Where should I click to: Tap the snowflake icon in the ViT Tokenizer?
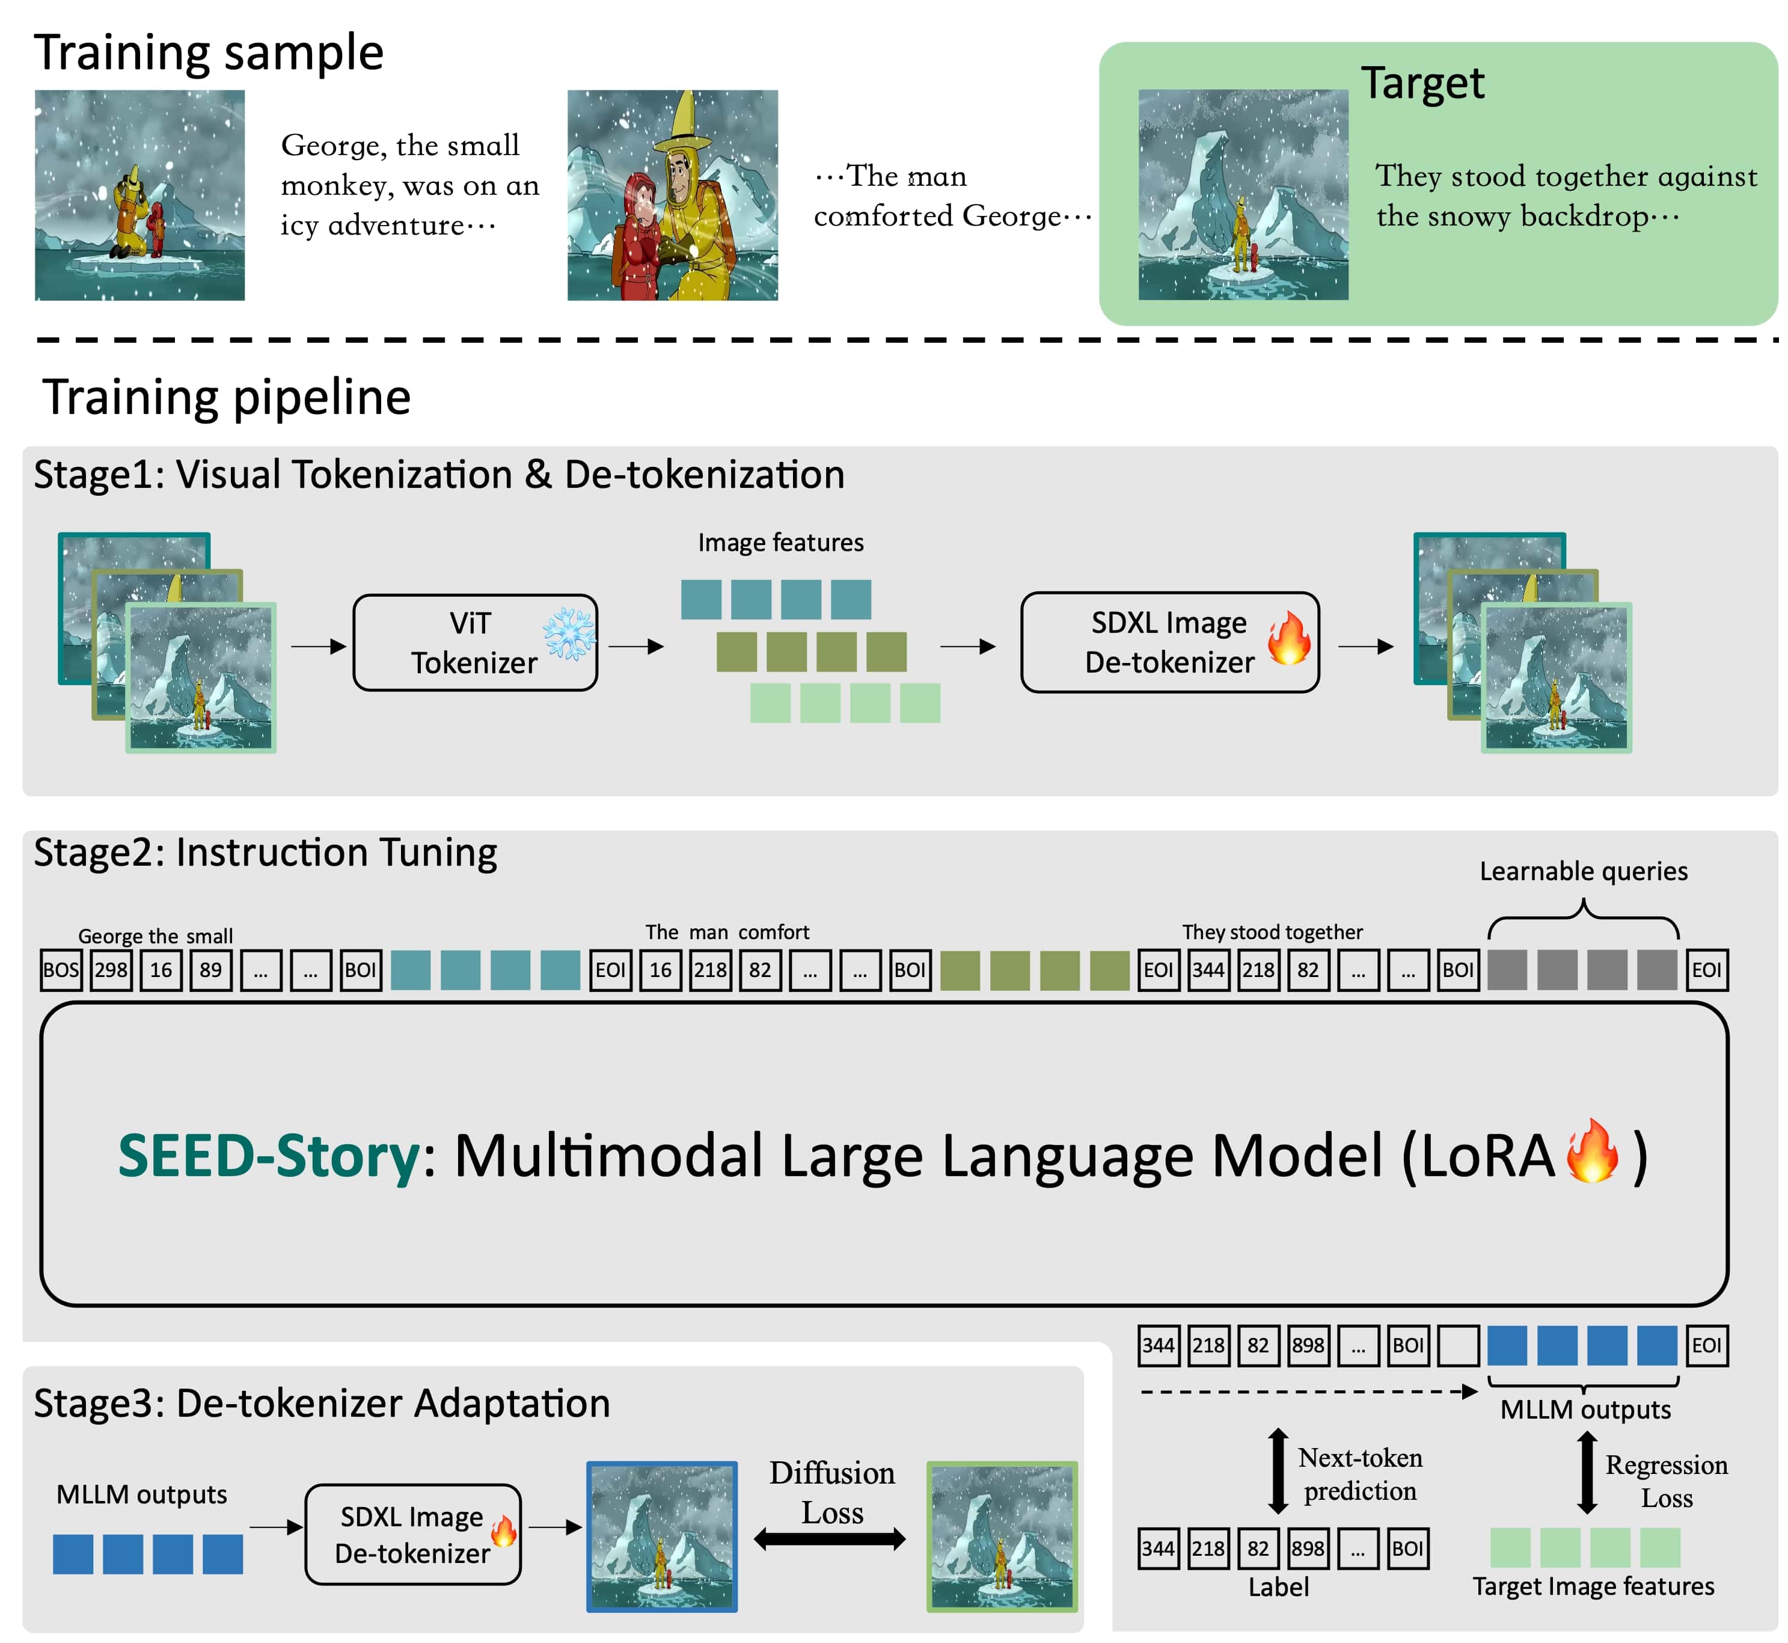(x=569, y=635)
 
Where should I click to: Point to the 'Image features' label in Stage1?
(x=780, y=542)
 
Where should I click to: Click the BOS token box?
(x=61, y=970)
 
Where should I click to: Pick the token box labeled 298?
(x=111, y=970)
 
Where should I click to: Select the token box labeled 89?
(x=210, y=970)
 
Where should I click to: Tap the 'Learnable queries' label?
(x=1583, y=871)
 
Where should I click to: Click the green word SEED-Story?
(x=268, y=1156)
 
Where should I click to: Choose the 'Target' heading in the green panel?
(x=1422, y=84)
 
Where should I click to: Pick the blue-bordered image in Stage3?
(x=661, y=1537)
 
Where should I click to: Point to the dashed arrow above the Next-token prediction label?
(x=1308, y=1392)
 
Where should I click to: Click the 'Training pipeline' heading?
(x=227, y=398)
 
